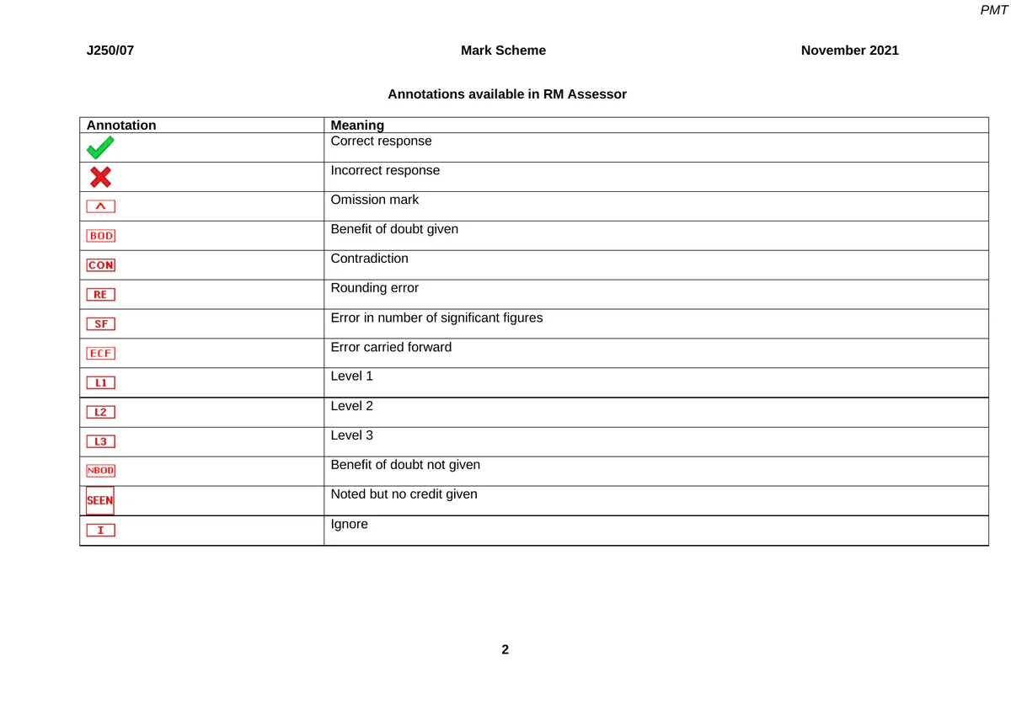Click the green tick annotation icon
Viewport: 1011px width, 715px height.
point(99,149)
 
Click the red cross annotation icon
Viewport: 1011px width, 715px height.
point(100,177)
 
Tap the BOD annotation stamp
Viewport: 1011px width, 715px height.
point(101,236)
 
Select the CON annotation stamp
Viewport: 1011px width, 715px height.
point(101,265)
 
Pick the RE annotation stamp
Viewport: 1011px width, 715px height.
point(101,295)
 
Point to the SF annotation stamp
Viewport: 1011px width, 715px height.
point(101,324)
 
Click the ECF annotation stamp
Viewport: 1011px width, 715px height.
point(101,354)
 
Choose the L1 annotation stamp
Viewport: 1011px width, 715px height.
point(101,383)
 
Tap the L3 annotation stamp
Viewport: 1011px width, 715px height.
point(101,441)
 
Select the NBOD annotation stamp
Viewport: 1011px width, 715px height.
point(101,471)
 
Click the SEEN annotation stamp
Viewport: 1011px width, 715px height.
point(100,500)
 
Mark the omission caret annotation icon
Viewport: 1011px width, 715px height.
point(101,206)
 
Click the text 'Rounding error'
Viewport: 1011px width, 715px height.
point(374,288)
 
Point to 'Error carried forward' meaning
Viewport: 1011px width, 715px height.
point(391,347)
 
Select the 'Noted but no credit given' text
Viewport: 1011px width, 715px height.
point(404,494)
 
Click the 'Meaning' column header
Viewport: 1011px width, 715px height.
point(357,125)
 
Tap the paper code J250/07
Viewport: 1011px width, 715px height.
point(110,51)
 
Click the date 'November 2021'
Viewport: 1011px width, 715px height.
point(849,51)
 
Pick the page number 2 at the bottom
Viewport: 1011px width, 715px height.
point(505,649)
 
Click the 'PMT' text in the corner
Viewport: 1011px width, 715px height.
point(993,10)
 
